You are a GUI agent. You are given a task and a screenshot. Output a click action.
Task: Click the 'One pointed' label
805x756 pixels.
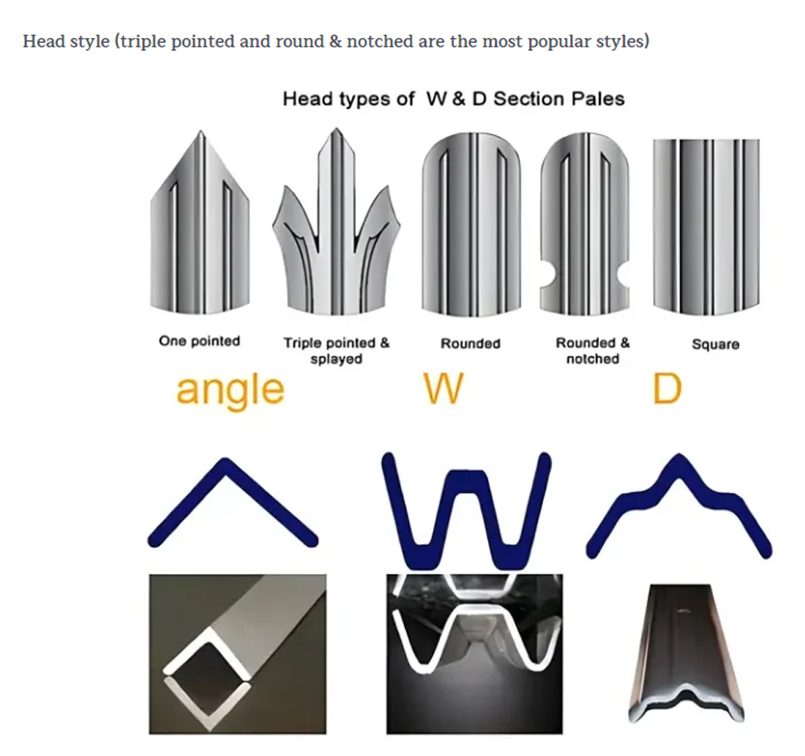point(199,341)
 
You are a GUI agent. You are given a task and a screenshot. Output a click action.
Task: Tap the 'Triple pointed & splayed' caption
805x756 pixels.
point(336,350)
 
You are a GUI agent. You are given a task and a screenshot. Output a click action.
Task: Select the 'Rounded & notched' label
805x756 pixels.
point(592,350)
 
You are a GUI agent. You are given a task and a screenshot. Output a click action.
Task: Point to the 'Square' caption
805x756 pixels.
point(716,344)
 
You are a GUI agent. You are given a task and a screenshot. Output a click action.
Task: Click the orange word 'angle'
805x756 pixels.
point(230,390)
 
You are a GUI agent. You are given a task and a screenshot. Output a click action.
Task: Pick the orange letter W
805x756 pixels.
point(444,389)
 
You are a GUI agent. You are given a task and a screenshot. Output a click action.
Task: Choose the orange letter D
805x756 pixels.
point(667,389)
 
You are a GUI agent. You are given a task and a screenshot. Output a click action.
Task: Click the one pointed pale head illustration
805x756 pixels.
point(200,222)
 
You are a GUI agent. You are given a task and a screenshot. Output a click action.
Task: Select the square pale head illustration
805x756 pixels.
point(707,226)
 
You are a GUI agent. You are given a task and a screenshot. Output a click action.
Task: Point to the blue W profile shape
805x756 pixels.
point(466,511)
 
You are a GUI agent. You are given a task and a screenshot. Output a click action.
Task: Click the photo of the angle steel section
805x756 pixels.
point(237,654)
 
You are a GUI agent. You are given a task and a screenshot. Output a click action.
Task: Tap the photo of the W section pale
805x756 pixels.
point(474,654)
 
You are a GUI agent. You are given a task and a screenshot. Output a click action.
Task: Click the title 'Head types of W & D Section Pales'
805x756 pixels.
point(454,98)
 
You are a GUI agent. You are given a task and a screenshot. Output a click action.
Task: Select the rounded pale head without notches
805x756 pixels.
point(471,224)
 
